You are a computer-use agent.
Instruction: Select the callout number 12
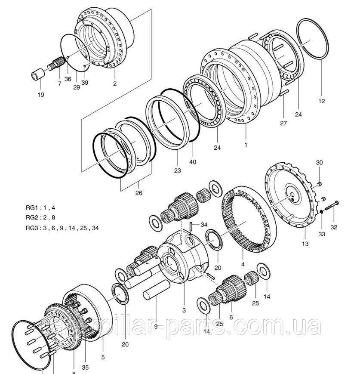tap(322, 102)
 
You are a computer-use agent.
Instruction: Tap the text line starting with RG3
tap(62, 228)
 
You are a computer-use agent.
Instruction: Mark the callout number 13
tap(305, 244)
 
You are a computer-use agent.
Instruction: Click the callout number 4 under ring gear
tap(243, 264)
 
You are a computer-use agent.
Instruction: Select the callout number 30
tap(319, 163)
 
